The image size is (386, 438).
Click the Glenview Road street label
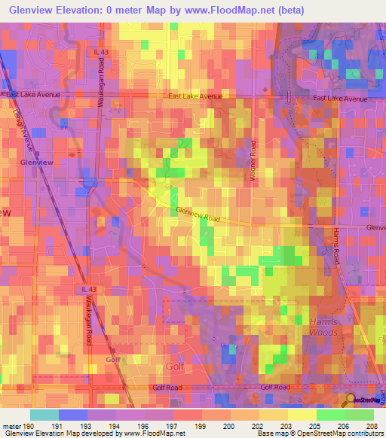point(198,214)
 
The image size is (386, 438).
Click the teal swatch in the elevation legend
point(44,414)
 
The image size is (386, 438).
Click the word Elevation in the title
point(84,10)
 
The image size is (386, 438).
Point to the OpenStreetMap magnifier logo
point(350,400)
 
